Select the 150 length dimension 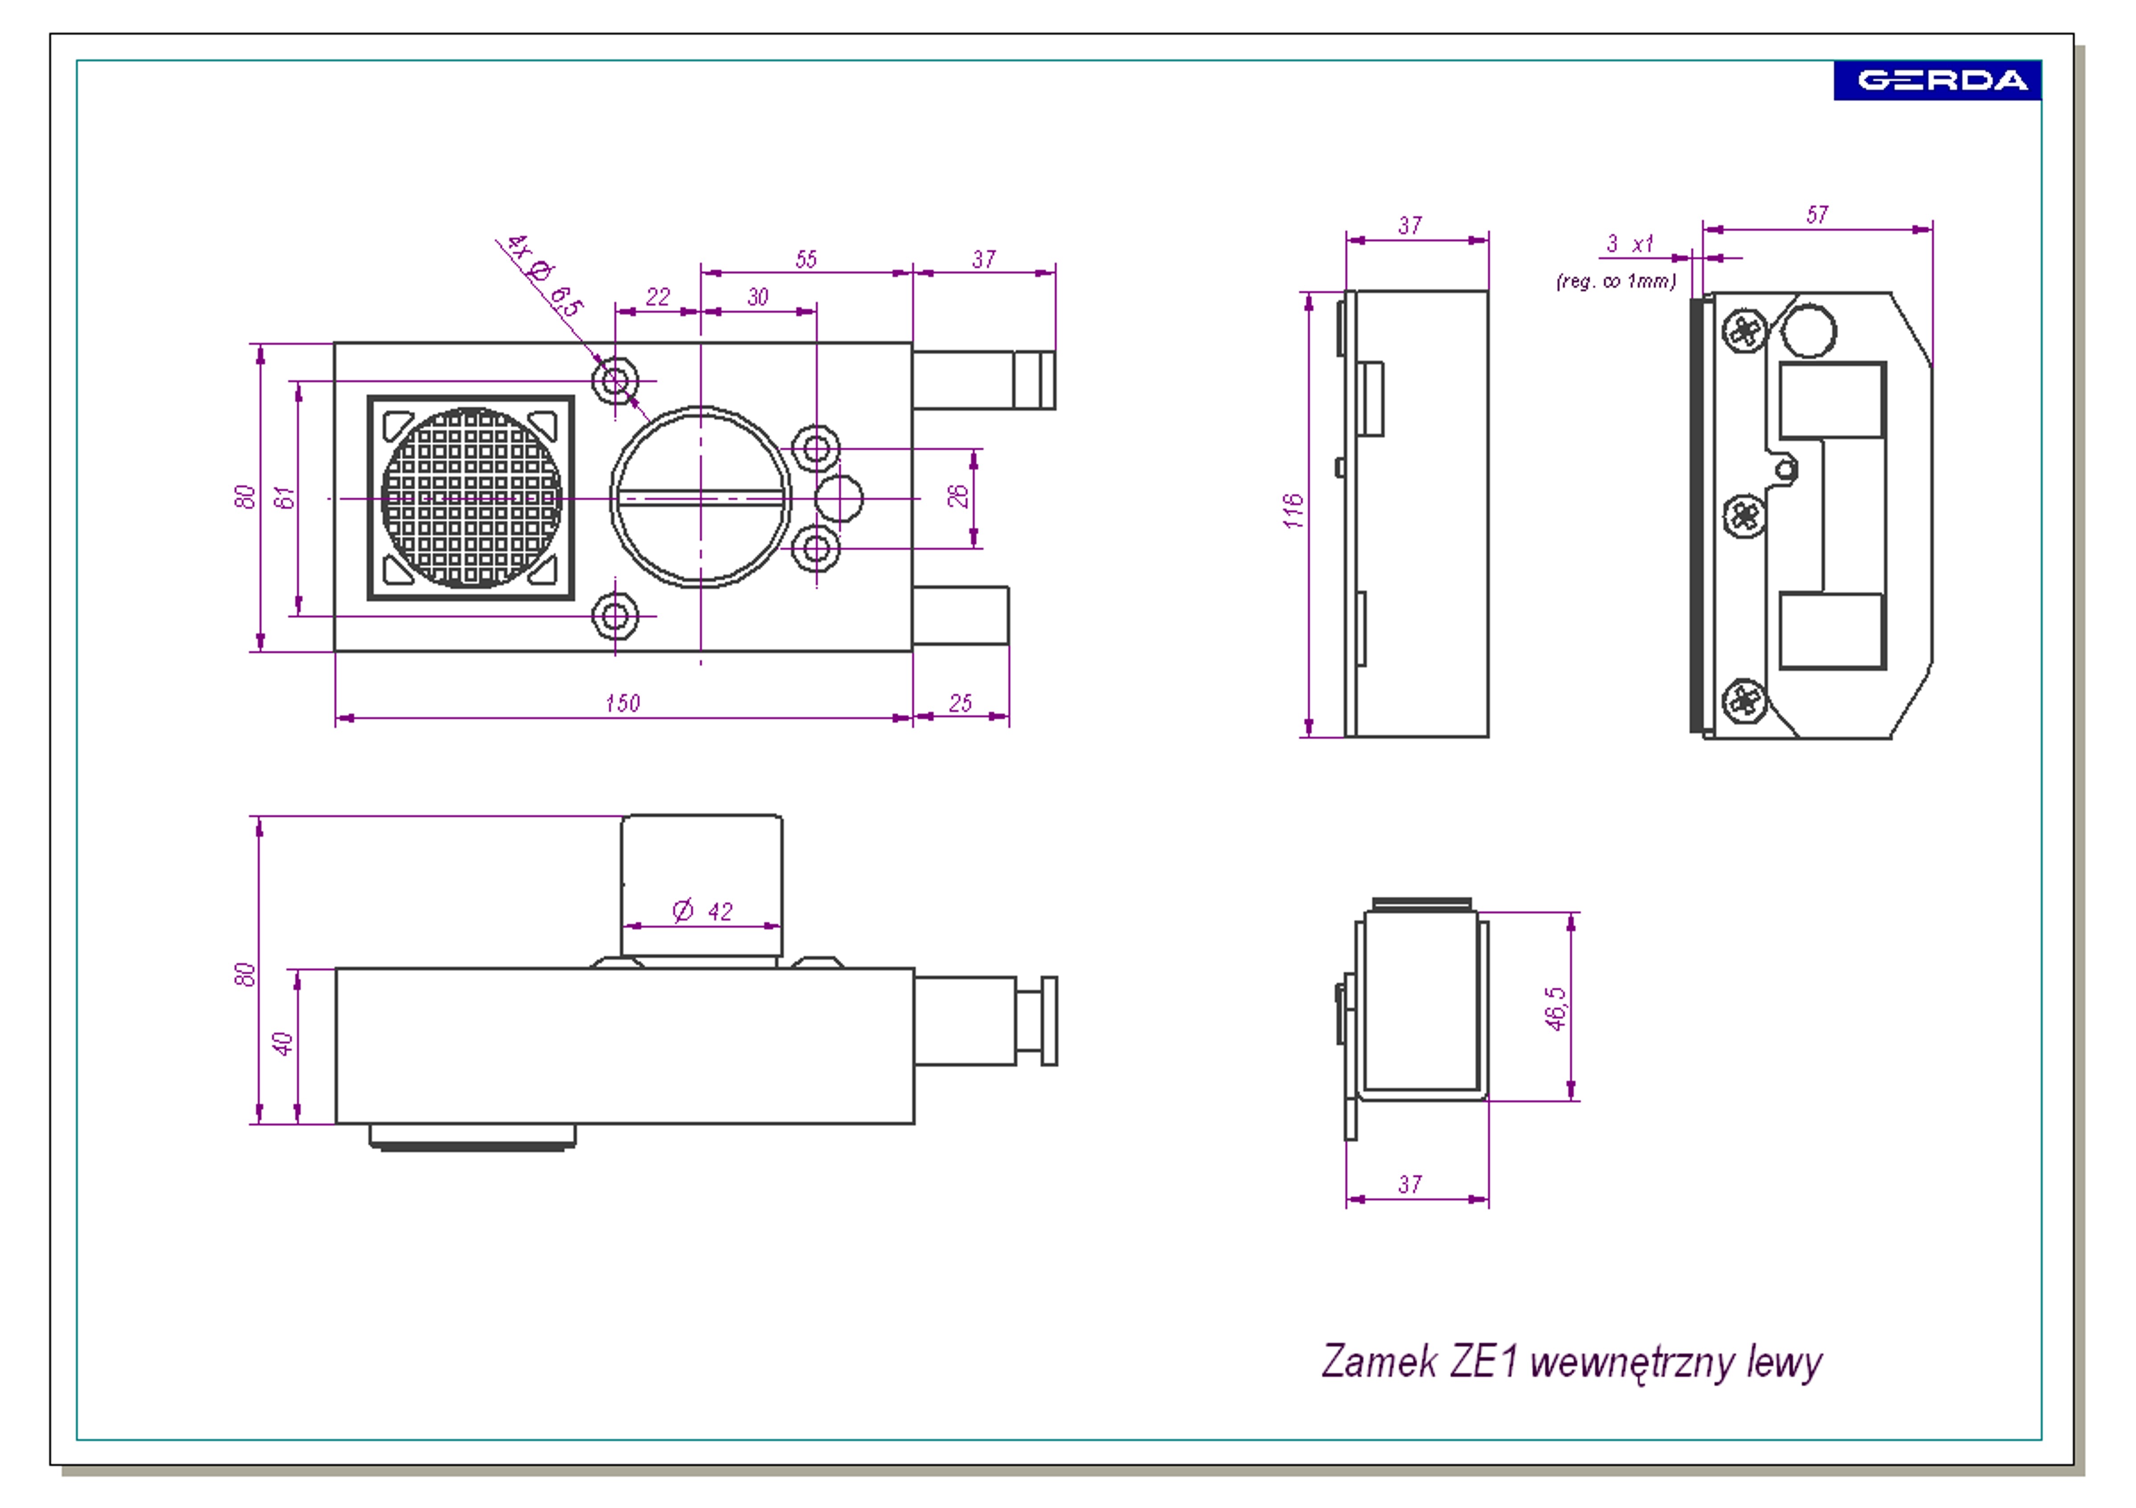622,703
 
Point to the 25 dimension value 960,703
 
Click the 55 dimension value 805,259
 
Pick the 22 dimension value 658,297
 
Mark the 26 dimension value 957,496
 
